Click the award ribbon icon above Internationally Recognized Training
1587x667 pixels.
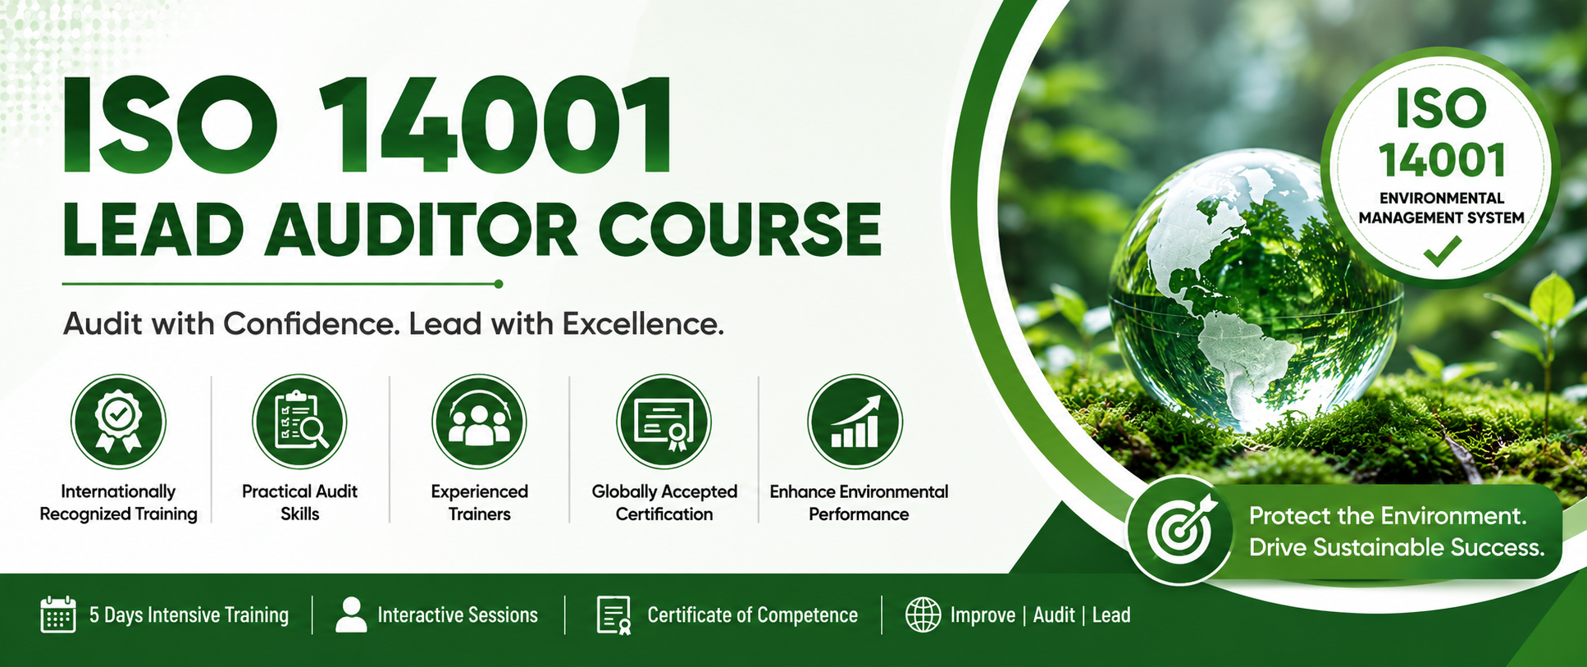click(x=118, y=422)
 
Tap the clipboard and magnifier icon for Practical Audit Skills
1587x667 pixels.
click(x=299, y=422)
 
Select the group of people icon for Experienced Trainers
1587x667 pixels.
click(x=479, y=422)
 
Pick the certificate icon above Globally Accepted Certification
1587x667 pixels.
click(x=664, y=422)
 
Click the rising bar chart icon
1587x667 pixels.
click(x=855, y=422)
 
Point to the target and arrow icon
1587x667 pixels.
click(x=1179, y=529)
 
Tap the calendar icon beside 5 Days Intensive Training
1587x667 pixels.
click(x=58, y=614)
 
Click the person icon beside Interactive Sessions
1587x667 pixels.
click(x=351, y=614)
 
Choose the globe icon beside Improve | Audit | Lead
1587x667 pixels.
click(x=923, y=614)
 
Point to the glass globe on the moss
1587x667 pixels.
click(x=1255, y=291)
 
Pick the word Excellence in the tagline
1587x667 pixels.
click(x=642, y=324)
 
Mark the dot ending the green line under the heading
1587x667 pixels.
click(x=499, y=284)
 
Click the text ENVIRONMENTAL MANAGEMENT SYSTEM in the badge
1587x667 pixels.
click(x=1441, y=208)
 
